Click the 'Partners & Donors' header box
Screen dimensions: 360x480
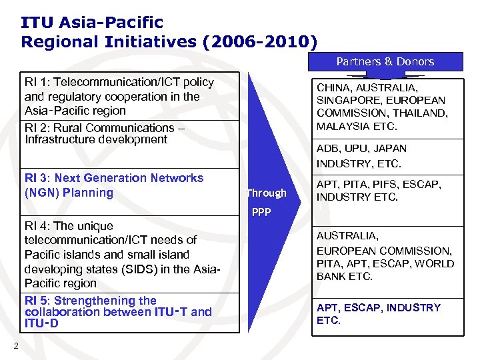pyautogui.click(x=385, y=61)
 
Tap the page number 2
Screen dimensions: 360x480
pyautogui.click(x=15, y=345)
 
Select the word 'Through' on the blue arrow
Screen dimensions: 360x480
pyautogui.click(x=266, y=193)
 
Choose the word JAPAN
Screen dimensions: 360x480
pyautogui.click(x=390, y=148)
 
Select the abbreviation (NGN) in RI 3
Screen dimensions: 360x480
pyautogui.click(x=42, y=193)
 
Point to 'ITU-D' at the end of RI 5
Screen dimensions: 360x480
pyautogui.click(x=41, y=323)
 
